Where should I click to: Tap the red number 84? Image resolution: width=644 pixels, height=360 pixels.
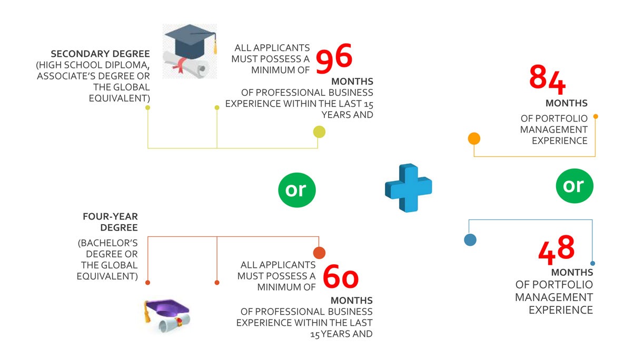[x=547, y=79]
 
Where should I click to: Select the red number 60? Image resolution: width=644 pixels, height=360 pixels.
[x=341, y=276]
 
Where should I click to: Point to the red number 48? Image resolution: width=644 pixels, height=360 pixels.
[x=556, y=249]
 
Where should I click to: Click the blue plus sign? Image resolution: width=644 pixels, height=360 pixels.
[x=408, y=188]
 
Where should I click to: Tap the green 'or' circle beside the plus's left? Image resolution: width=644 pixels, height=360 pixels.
[x=296, y=190]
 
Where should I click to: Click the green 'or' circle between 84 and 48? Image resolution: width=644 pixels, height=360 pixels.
[x=574, y=186]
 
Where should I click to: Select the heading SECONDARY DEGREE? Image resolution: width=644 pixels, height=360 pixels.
[x=100, y=54]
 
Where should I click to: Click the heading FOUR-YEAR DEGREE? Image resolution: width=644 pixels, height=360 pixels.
[x=111, y=222]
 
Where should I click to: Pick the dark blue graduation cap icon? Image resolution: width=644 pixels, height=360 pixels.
[x=190, y=51]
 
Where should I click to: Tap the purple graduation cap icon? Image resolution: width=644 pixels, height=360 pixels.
[x=167, y=316]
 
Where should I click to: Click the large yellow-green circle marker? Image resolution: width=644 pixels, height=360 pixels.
[x=319, y=132]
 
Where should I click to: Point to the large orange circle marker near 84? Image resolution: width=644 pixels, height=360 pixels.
[x=474, y=138]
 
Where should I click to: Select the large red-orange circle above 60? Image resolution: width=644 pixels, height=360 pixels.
[x=319, y=253]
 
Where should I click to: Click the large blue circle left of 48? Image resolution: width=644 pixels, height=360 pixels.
[x=470, y=240]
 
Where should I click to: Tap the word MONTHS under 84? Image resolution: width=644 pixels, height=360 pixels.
[x=567, y=103]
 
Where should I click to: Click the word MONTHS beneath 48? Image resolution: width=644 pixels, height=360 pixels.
[x=572, y=272]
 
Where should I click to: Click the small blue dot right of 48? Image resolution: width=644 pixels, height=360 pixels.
[x=592, y=264]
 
